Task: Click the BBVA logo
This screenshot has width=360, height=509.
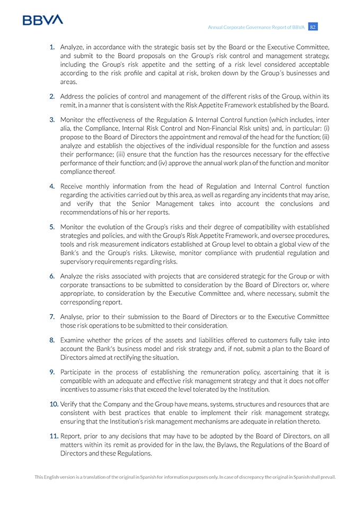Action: pos(42,20)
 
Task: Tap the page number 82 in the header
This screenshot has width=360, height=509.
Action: pos(313,27)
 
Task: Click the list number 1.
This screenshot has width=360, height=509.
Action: pos(52,47)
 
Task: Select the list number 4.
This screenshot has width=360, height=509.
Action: pos(52,187)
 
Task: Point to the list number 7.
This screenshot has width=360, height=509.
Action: pos(52,317)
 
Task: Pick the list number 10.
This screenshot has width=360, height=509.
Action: pos(54,404)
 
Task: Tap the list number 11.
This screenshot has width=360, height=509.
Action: pos(54,436)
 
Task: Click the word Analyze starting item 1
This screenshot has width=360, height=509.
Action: pos(73,47)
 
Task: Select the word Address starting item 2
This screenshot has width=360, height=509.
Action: pos(73,96)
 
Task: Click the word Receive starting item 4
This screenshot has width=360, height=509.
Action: pos(73,187)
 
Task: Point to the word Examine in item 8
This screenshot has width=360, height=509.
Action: pos(73,340)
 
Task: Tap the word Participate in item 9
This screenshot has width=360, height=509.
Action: pos(77,372)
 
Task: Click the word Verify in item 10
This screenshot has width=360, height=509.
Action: pos(68,404)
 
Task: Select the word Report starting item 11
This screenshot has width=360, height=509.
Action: pos(71,436)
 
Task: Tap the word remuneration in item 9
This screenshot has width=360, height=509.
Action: pos(230,372)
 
